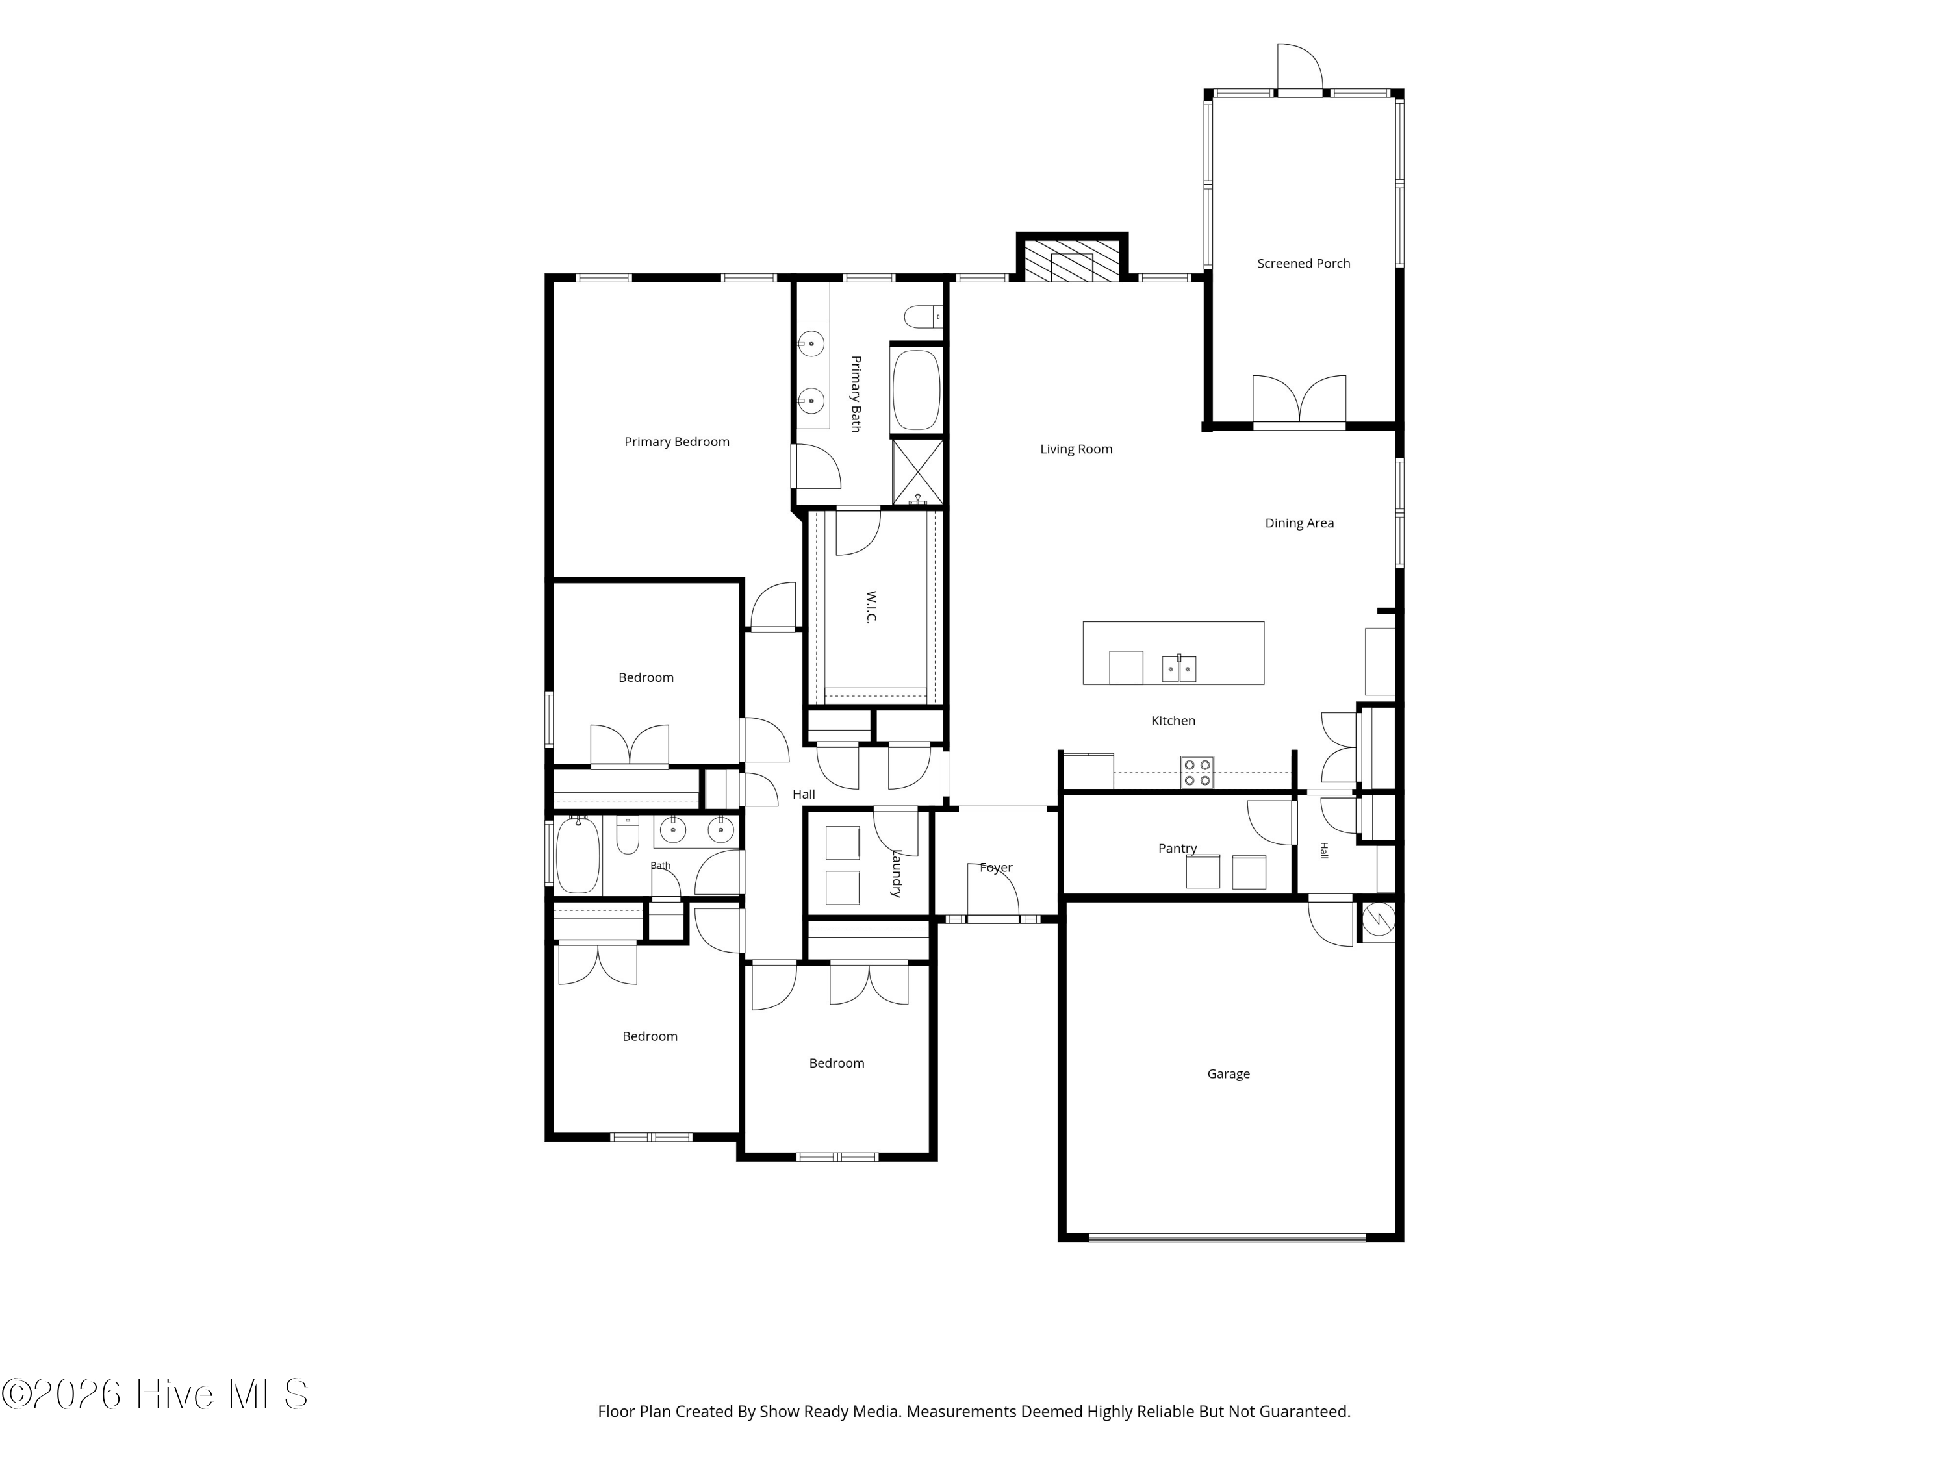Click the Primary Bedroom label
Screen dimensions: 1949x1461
coord(677,442)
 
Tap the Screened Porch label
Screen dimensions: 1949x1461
coord(1303,264)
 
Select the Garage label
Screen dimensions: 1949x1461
coord(1229,1073)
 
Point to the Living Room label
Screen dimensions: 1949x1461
coord(1076,449)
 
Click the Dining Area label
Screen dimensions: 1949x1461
coord(1299,523)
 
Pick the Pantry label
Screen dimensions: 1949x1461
coord(1177,849)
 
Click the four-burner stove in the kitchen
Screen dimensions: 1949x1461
coord(1197,772)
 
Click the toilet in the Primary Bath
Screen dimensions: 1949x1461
coord(924,316)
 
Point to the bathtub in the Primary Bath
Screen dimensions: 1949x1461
coord(916,390)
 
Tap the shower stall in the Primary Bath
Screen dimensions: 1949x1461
coord(917,472)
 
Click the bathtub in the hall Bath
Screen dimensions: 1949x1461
coord(578,855)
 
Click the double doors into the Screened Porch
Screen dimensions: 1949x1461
coord(1299,401)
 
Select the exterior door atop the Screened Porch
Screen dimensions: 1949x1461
coord(1299,67)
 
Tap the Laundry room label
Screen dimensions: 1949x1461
coord(896,873)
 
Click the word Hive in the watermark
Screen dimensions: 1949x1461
coord(175,1394)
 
